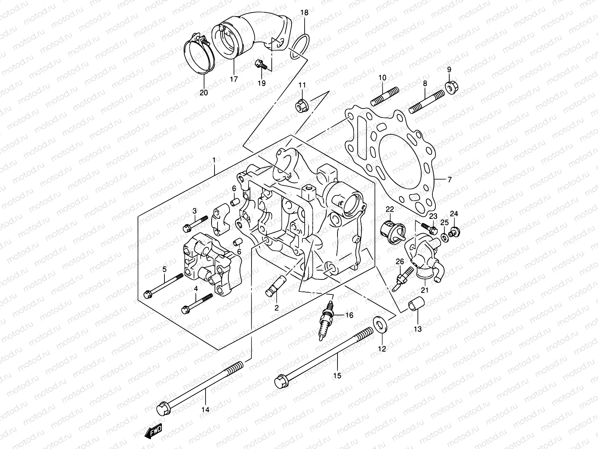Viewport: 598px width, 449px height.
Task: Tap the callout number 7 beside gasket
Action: (450, 180)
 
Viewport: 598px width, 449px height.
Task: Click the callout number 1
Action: (214, 160)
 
